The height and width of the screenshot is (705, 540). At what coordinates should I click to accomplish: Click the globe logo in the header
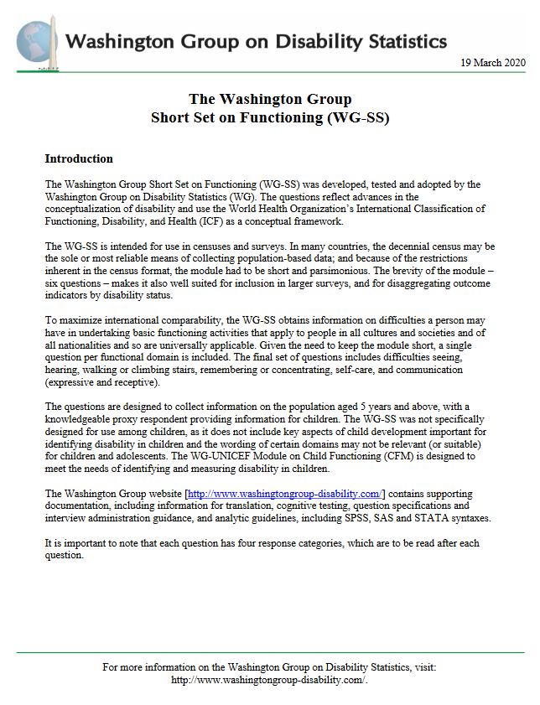pyautogui.click(x=31, y=41)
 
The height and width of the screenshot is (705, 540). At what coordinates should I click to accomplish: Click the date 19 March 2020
pyautogui.click(x=491, y=64)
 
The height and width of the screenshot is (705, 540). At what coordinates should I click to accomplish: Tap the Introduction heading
pyautogui.click(x=79, y=158)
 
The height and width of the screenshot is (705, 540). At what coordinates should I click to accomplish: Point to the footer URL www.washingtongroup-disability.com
pyautogui.click(x=269, y=680)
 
